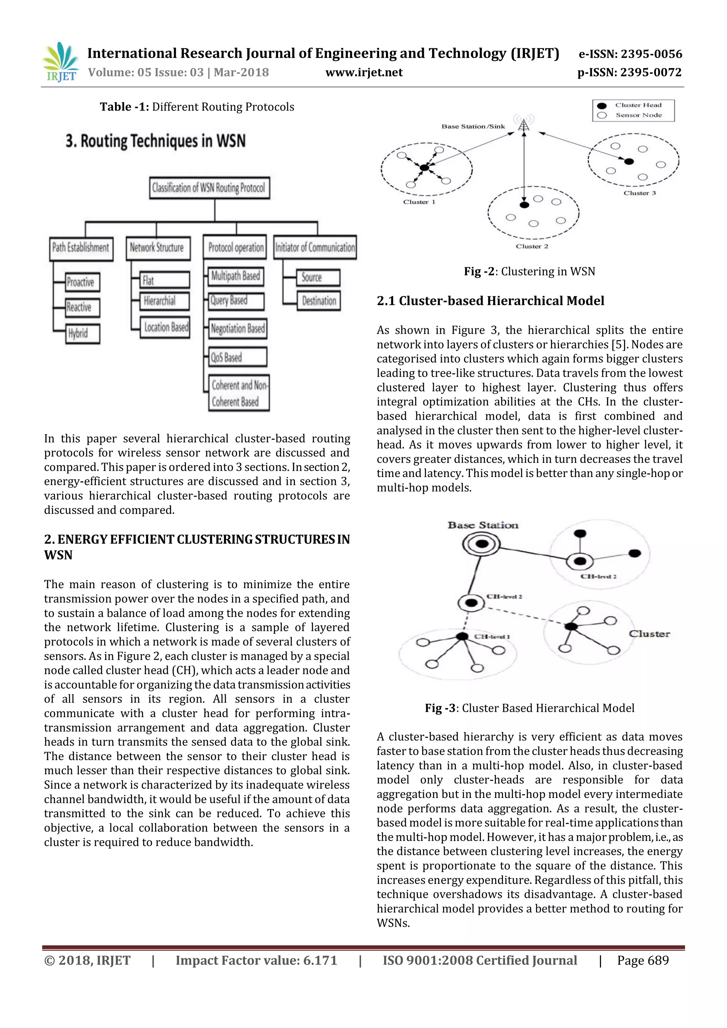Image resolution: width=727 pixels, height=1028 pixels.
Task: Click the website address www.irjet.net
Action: [x=364, y=72]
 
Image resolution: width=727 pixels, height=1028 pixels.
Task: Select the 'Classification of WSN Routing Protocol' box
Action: [x=209, y=187]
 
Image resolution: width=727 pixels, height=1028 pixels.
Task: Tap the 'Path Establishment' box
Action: [x=81, y=248]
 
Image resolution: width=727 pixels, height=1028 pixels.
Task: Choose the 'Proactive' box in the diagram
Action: [x=82, y=282]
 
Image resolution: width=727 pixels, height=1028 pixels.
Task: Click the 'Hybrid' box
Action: [x=82, y=334]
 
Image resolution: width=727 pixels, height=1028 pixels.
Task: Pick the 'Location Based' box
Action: [x=165, y=327]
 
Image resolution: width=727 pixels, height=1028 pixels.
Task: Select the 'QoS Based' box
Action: [x=238, y=357]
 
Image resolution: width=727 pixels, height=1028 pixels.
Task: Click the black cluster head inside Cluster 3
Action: [x=629, y=161]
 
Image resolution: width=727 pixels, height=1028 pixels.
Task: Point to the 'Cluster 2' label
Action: [x=532, y=246]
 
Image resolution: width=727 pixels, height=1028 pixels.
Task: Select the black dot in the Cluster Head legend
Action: [x=602, y=106]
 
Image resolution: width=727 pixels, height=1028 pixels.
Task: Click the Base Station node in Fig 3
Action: [x=481, y=543]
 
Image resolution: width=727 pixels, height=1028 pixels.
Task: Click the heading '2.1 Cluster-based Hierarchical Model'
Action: [x=490, y=301]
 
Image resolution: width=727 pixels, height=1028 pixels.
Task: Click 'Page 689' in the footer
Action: [x=643, y=961]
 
